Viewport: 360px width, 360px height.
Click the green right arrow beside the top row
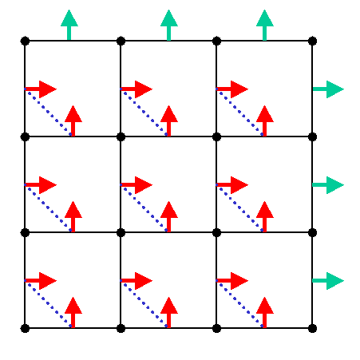click(328, 89)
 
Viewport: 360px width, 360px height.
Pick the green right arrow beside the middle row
click(328, 185)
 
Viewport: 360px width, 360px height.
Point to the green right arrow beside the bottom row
click(328, 281)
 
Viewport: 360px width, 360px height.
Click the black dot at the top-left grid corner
click(25, 41)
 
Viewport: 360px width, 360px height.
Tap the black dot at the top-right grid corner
click(312, 41)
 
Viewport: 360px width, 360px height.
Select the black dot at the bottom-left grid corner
click(25, 328)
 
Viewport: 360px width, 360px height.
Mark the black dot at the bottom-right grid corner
click(312, 328)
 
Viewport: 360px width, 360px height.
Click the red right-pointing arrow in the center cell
click(136, 185)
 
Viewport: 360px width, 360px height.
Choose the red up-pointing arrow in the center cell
click(168, 216)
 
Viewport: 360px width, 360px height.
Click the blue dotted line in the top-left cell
click(49, 113)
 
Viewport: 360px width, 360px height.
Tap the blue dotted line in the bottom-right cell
click(240, 304)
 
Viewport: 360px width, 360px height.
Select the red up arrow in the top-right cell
click(264, 121)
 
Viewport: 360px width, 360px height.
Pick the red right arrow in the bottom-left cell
click(41, 281)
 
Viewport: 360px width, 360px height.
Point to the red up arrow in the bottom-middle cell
click(168, 312)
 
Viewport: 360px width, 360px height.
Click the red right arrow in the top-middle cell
click(136, 89)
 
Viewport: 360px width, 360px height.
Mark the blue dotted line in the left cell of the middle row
click(49, 208)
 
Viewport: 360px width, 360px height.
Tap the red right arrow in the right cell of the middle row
click(232, 185)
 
